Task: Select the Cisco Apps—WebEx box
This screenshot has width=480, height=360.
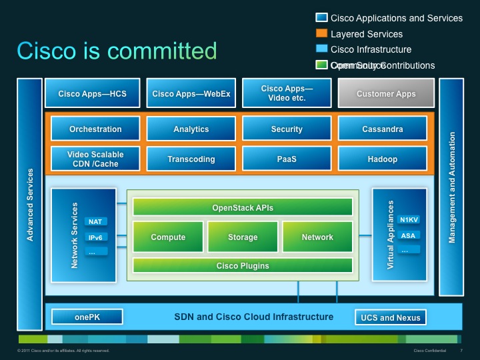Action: click(x=191, y=94)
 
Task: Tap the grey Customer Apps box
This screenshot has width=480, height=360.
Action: click(x=386, y=94)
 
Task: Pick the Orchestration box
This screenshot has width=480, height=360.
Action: click(x=95, y=129)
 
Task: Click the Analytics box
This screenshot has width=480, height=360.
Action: click(x=191, y=129)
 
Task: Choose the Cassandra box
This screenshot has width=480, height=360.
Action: click(x=382, y=129)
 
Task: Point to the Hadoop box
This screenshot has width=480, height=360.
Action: click(x=382, y=159)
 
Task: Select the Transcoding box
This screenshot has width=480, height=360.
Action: click(x=191, y=159)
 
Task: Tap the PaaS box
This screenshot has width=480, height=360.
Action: click(x=287, y=159)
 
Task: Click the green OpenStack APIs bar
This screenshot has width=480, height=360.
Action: click(x=242, y=208)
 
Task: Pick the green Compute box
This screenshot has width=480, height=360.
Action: click(x=168, y=237)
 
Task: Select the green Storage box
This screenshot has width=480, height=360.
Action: click(x=243, y=237)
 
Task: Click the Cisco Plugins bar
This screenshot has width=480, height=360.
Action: click(x=242, y=266)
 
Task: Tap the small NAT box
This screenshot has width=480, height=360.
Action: click(x=95, y=221)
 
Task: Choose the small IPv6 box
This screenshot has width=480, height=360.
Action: click(x=95, y=237)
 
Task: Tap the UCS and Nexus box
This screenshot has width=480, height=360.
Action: click(x=391, y=317)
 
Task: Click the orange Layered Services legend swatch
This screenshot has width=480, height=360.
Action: click(x=321, y=33)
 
